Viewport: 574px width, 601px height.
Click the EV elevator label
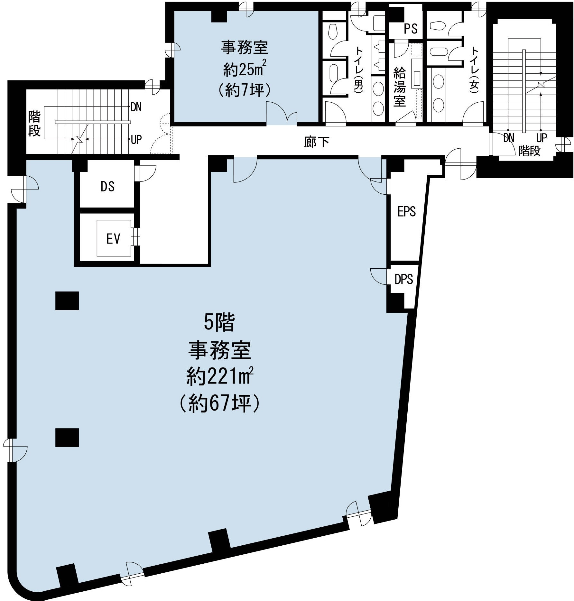click(x=113, y=239)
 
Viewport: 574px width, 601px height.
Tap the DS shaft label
click(x=107, y=186)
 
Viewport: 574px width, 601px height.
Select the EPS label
click(x=406, y=211)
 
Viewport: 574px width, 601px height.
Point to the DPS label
click(x=403, y=279)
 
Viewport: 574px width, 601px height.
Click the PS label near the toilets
click(x=411, y=29)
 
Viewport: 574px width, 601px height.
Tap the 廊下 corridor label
click(x=317, y=142)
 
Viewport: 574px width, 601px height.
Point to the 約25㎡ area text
click(x=245, y=69)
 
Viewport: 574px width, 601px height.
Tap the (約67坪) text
click(x=219, y=403)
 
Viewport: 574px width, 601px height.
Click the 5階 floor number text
click(x=219, y=323)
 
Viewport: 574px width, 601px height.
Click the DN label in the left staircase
click(x=136, y=107)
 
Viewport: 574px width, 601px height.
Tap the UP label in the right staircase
click(x=542, y=138)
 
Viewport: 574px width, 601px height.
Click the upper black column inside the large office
click(x=67, y=300)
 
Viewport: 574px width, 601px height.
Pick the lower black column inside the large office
click(x=67, y=438)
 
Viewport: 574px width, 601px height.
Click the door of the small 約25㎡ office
click(x=282, y=113)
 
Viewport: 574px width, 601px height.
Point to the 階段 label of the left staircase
click(x=34, y=124)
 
